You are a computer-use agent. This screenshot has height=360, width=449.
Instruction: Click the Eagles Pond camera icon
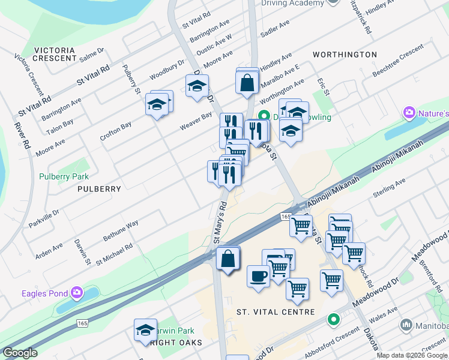(x=76, y=293)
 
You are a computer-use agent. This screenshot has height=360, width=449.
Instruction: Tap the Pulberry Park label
(x=64, y=176)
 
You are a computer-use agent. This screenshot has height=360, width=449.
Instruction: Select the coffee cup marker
(x=258, y=277)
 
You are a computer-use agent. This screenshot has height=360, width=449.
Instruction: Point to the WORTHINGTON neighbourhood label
(x=345, y=55)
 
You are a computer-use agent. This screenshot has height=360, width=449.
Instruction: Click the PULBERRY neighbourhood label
(x=99, y=188)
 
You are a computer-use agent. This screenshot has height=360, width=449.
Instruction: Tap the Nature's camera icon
(x=410, y=113)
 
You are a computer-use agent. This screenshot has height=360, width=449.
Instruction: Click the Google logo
(x=20, y=353)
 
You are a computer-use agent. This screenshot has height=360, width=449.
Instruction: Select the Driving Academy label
(x=292, y=3)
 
